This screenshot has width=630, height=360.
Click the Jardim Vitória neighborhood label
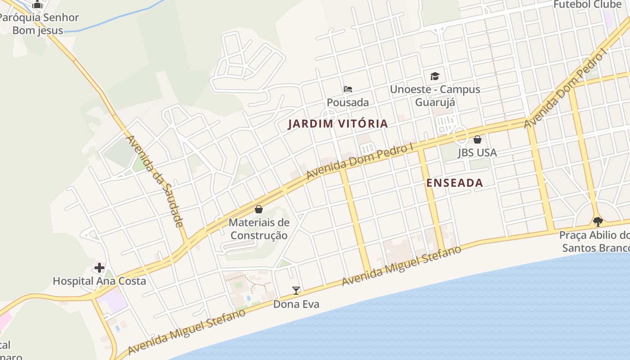pos(337,124)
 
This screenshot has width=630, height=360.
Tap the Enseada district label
pos(454,183)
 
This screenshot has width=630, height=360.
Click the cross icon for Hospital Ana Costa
pos(99,268)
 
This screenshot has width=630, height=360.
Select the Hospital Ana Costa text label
pos(99,281)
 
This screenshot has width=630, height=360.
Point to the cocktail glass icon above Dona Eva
pos(296,291)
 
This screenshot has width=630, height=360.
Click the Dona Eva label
pos(296,305)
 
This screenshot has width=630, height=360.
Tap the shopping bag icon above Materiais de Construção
pos(259,209)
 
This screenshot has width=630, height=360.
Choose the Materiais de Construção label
pos(259,229)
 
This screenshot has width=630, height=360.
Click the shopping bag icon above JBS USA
pos(477,139)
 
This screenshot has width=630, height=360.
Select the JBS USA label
pos(477,153)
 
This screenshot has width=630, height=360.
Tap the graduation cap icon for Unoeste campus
pos(435,76)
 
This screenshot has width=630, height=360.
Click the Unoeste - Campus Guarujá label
pos(435,95)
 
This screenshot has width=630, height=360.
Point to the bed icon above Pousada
pos(348,89)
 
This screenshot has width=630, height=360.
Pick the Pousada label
pos(348,103)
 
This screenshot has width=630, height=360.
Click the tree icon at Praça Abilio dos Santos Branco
pos(598,221)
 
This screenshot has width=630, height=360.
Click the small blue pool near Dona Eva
pos(249,298)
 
